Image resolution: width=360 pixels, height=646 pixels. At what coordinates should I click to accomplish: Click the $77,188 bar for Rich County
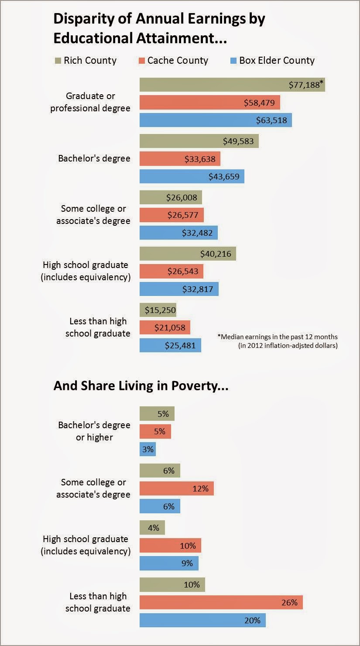coord(232,85)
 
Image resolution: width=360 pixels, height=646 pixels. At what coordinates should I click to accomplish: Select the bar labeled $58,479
coord(209,103)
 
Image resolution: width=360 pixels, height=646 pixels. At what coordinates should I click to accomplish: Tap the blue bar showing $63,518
coord(216,120)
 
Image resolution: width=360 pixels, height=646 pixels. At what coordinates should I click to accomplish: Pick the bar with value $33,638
coord(180,159)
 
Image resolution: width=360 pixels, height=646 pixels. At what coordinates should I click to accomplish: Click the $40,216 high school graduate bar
coord(188,254)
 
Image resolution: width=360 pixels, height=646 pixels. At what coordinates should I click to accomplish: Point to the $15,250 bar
coord(158,310)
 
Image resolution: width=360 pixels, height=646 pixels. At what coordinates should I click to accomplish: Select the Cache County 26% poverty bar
coord(221,603)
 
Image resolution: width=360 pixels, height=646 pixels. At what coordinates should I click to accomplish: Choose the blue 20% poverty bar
coord(202,620)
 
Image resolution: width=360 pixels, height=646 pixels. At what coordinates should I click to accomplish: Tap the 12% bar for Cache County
coord(176,489)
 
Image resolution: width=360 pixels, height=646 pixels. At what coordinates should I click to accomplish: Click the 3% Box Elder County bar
coord(147,449)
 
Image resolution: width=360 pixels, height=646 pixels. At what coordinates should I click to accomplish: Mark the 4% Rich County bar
coord(152,528)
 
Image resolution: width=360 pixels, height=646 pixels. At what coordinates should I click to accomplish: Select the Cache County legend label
coord(178,60)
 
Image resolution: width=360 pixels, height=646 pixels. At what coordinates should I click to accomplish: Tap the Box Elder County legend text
coord(277,60)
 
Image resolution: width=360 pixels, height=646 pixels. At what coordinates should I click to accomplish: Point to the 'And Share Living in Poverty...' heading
coord(141,386)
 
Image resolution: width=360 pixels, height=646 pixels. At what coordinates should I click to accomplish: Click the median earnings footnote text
coord(278,341)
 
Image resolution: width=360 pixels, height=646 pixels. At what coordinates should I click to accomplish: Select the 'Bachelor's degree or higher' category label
coord(94,431)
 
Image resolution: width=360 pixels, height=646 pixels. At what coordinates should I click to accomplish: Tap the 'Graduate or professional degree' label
coord(90,102)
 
